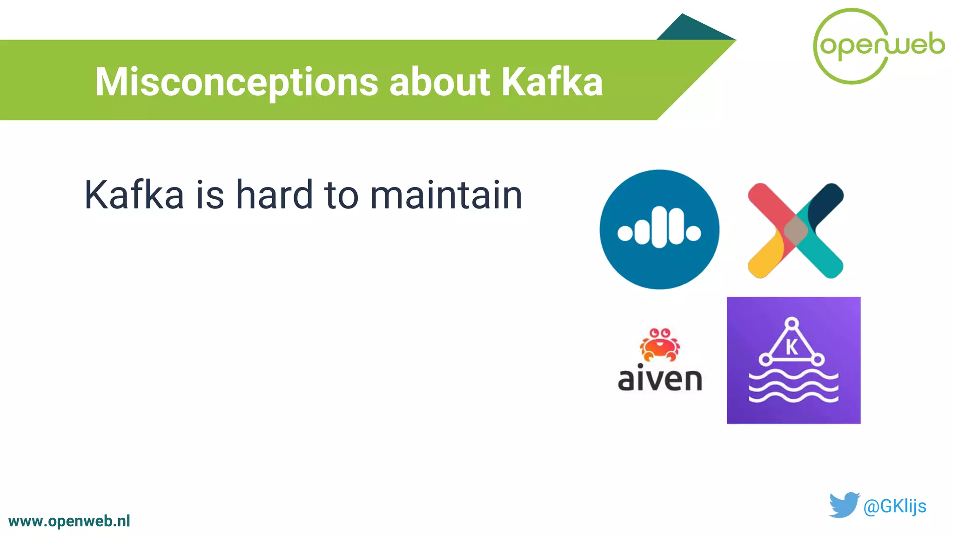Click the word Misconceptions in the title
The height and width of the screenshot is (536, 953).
pyautogui.click(x=236, y=82)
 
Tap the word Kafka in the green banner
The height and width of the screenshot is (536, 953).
pyautogui.click(x=552, y=82)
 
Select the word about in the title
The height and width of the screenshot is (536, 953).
pyautogui.click(x=440, y=82)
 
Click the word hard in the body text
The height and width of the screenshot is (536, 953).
pyautogui.click(x=274, y=195)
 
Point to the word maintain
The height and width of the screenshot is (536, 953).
pyautogui.click(x=446, y=195)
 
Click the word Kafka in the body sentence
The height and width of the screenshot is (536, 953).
pyautogui.click(x=134, y=195)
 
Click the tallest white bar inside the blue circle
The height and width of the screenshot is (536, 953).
pyautogui.click(x=659, y=228)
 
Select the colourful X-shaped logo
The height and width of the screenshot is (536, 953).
pyautogui.click(x=795, y=230)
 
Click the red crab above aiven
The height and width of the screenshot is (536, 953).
pyautogui.click(x=659, y=344)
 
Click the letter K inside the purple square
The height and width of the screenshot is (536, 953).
pyautogui.click(x=792, y=347)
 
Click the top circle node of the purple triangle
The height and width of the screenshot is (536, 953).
pyautogui.click(x=792, y=323)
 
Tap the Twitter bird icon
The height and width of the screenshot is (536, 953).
pyautogui.click(x=843, y=505)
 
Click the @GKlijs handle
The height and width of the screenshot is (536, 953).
pyautogui.click(x=894, y=506)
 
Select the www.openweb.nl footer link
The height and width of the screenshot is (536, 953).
pyautogui.click(x=69, y=521)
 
